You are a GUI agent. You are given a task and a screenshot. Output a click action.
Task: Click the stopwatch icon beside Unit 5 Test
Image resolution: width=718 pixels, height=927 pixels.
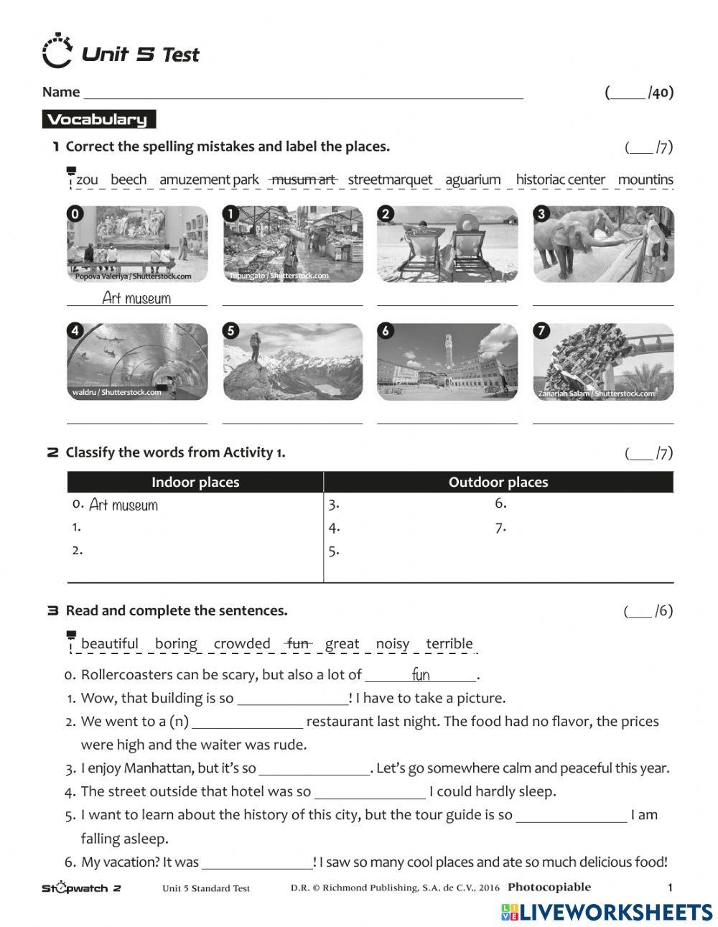tap(57, 51)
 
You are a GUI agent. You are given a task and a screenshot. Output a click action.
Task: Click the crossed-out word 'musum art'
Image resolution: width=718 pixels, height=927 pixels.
tap(303, 180)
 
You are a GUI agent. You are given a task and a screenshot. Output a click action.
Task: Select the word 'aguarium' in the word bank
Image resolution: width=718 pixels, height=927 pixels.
tap(472, 180)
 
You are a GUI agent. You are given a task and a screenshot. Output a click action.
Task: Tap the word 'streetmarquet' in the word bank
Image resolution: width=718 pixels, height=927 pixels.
tap(390, 180)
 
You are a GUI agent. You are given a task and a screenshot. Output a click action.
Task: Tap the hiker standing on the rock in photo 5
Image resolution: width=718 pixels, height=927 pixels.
tap(253, 347)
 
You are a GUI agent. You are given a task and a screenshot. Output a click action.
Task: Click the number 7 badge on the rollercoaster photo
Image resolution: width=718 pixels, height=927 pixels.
tap(541, 331)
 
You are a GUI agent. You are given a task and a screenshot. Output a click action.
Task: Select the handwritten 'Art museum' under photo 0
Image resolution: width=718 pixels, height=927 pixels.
tap(136, 297)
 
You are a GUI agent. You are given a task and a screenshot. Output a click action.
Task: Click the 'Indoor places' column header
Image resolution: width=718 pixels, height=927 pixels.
tap(195, 483)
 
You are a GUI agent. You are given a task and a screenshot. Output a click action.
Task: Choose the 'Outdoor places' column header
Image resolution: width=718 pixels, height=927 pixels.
tap(498, 483)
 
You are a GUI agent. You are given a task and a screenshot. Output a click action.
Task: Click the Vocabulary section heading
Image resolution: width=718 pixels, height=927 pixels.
tap(98, 120)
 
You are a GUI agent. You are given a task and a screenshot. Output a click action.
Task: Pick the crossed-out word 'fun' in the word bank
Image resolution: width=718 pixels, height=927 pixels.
tap(297, 643)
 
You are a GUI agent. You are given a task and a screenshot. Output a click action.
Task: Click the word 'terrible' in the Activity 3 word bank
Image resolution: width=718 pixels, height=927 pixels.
tap(449, 643)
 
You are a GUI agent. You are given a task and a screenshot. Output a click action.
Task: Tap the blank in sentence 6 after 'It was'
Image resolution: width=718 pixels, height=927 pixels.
tap(256, 862)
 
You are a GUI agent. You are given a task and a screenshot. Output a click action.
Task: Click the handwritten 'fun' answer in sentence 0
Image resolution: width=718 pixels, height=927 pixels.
tap(421, 674)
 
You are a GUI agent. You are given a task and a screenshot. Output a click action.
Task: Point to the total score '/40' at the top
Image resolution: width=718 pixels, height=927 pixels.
tap(639, 92)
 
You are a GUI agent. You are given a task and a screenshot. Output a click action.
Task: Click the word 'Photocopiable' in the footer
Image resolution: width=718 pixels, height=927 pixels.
tap(549, 887)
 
